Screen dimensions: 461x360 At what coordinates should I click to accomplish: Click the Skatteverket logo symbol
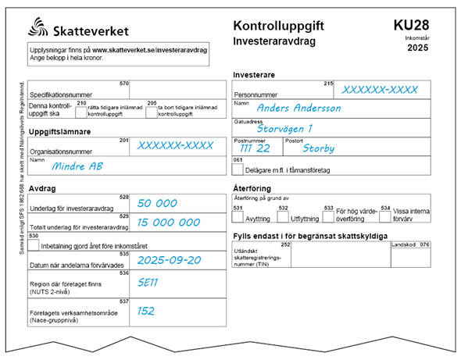(40, 30)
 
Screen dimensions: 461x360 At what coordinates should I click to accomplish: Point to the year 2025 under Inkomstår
(418, 48)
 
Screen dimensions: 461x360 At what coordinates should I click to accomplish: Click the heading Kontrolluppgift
(278, 27)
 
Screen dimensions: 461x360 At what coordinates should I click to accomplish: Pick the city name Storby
(319, 148)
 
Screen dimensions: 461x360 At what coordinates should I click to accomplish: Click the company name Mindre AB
(77, 166)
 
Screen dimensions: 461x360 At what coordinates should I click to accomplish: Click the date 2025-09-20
(169, 260)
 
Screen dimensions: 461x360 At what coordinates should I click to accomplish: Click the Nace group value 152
(147, 310)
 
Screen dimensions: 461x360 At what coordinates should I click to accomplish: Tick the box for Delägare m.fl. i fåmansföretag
(239, 168)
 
